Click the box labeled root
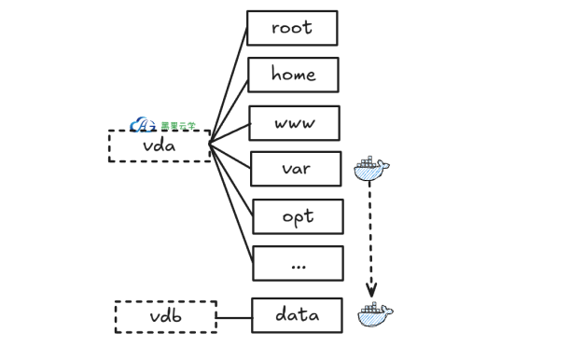(x=292, y=28)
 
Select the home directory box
(x=293, y=75)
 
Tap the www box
(x=294, y=123)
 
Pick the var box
(x=296, y=169)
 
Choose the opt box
(x=298, y=216)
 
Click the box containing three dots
(x=299, y=263)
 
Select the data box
(x=297, y=315)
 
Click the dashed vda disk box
(x=160, y=146)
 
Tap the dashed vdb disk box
(x=165, y=317)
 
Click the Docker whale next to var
(x=371, y=168)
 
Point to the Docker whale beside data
(x=375, y=314)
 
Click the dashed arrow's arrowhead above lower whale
(x=370, y=288)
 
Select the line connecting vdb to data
(x=234, y=317)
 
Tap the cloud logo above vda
(x=143, y=124)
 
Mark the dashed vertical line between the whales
(x=370, y=233)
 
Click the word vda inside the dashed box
(x=160, y=146)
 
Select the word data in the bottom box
(x=297, y=315)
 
